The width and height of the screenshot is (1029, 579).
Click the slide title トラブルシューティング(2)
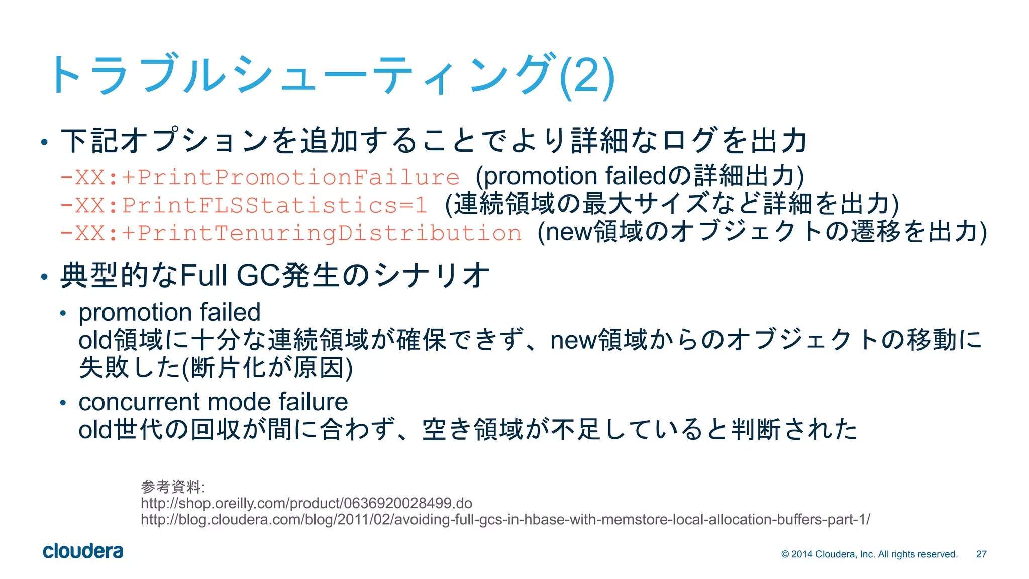coord(332,75)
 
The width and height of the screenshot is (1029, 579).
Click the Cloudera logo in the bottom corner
coord(83,551)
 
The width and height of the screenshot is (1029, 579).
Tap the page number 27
coord(981,554)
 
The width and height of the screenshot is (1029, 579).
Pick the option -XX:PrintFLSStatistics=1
coord(244,205)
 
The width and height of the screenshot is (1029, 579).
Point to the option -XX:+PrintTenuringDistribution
coord(290,233)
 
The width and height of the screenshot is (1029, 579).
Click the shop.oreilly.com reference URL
coord(306,503)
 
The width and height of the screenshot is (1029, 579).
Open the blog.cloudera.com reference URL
coord(505,519)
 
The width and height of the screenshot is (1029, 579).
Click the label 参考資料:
coord(172,487)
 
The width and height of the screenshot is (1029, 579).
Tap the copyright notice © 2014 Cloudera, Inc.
coord(869,554)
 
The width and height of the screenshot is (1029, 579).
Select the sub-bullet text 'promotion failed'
coord(170,312)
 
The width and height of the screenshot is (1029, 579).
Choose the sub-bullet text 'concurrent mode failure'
coord(213,402)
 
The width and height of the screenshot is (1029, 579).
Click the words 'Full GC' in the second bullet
coord(230,275)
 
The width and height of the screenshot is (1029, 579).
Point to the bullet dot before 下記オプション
coord(44,142)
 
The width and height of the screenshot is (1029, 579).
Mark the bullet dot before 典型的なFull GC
coord(44,277)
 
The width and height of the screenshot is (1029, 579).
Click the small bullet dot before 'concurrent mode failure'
coord(63,403)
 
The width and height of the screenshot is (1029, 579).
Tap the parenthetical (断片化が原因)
coord(267,368)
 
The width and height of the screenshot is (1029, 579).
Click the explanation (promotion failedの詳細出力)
coord(640,176)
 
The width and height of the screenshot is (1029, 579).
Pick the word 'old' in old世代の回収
coord(95,430)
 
